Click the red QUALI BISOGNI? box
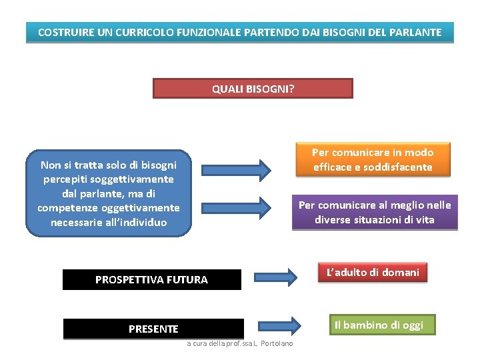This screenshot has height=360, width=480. [253, 89]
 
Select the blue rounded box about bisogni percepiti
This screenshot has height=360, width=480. [109, 193]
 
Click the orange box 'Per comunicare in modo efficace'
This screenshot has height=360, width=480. [373, 160]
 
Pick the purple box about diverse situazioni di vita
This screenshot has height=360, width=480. [375, 213]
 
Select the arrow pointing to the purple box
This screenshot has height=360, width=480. [237, 207]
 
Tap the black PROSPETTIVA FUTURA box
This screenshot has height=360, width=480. [151, 280]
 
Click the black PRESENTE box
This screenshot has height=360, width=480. [153, 329]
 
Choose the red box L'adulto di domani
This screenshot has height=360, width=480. [373, 272]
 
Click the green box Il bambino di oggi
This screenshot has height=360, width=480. [379, 325]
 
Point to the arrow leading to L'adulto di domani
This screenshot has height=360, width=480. [275, 275]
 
